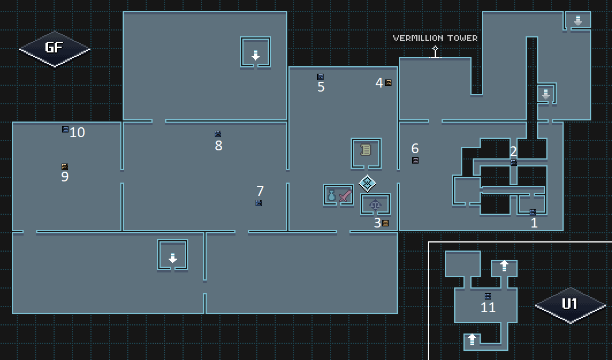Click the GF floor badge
coord(54,48)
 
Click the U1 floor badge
coord(570,305)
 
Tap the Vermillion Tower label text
coord(435,38)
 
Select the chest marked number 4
coord(388,82)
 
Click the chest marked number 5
coord(320,77)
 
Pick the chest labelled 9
coord(64,166)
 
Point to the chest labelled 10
coord(65,129)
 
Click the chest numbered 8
coord(218,134)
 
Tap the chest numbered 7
coord(259,203)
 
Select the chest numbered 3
coord(385,223)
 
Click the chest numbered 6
coord(415,160)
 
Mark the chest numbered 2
coord(514,162)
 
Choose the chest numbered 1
coord(533,212)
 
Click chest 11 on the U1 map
coord(488,296)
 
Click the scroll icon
coord(366,150)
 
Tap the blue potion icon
coord(332,195)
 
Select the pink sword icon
coord(345,195)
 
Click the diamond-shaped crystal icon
coord(367,183)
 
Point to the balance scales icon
coord(375,204)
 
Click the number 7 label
coord(260,191)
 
